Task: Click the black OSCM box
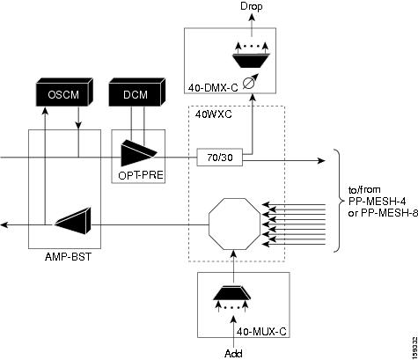[x=64, y=92]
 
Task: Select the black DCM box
[x=136, y=92]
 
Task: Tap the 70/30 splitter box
[x=220, y=158]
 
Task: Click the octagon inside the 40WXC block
[x=235, y=224]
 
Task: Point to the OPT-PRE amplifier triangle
[x=138, y=153]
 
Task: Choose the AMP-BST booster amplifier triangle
[x=73, y=221]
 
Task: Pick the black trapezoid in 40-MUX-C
[x=232, y=293]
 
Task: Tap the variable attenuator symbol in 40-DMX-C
[x=252, y=82]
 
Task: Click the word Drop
[x=252, y=6]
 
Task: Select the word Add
[x=233, y=353]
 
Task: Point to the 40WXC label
[x=213, y=114]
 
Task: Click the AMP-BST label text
[x=68, y=257]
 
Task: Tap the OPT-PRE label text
[x=141, y=175]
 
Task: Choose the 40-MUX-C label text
[x=261, y=332]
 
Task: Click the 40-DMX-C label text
[x=213, y=87]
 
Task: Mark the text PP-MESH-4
[x=378, y=202]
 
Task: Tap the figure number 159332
[x=414, y=346]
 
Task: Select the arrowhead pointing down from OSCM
[x=78, y=125]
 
